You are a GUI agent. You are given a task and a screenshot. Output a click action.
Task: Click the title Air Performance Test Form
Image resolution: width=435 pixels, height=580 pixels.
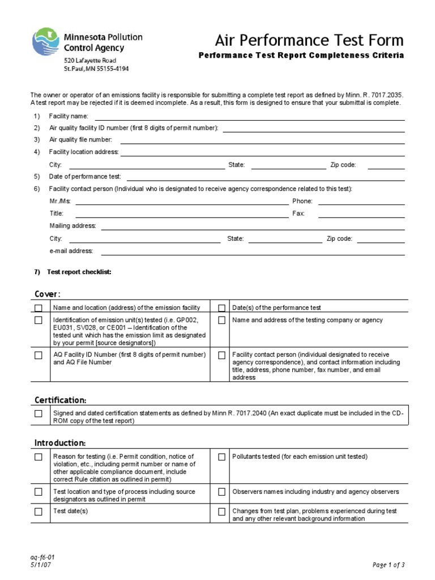(309, 40)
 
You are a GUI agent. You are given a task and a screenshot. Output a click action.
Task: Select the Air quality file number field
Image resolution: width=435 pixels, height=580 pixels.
(262, 140)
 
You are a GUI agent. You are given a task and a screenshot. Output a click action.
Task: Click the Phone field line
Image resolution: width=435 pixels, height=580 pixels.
(361, 202)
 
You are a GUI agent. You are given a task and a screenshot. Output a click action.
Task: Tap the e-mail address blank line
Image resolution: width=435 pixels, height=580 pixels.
(253, 251)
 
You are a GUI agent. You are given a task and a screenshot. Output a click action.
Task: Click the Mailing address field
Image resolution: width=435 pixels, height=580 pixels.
(253, 227)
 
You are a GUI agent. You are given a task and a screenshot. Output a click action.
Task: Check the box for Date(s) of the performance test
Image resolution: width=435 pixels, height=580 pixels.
(221, 308)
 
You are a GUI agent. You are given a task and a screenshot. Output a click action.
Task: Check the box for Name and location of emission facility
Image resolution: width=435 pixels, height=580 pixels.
(38, 308)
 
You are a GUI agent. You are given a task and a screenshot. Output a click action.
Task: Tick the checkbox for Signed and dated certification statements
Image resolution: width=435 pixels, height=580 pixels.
(38, 413)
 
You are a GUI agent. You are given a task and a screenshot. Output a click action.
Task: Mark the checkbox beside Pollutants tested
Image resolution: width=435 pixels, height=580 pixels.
(221, 457)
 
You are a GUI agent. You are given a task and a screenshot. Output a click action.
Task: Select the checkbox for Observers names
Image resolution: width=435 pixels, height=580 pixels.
(221, 492)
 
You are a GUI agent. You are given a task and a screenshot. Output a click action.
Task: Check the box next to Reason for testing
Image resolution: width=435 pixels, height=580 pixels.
(38, 457)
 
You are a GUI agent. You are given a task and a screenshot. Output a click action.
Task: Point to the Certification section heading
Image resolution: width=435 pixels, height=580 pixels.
(60, 400)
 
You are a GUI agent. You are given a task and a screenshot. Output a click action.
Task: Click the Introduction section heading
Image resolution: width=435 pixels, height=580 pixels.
(59, 442)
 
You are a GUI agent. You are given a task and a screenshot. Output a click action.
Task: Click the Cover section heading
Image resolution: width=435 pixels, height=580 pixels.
(47, 293)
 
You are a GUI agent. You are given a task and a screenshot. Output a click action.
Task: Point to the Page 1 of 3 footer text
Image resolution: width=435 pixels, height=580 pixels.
(389, 565)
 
